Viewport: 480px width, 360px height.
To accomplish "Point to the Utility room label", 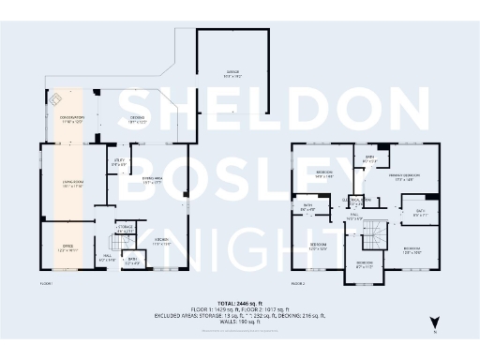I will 118,163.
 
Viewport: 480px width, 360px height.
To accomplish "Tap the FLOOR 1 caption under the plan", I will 46,282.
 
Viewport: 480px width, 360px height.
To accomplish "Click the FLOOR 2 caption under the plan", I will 298,282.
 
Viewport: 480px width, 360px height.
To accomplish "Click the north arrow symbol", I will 434,322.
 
